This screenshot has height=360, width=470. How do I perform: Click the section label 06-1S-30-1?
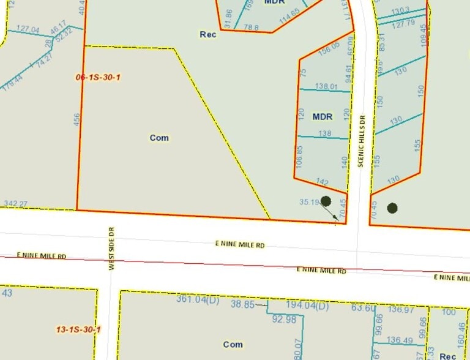click(97, 77)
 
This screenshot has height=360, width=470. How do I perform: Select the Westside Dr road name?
click(112, 248)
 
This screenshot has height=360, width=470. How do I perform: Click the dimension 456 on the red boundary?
click(76, 119)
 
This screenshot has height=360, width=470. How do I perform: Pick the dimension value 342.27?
click(16, 204)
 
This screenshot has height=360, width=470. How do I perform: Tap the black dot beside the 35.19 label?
click(326, 201)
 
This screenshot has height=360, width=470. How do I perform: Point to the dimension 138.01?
click(327, 87)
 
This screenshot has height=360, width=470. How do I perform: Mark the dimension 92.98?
click(284, 318)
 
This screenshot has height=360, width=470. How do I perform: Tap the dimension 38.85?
click(242, 303)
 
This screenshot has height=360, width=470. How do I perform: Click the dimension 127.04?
click(28, 29)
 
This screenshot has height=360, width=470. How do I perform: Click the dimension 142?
click(324, 182)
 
